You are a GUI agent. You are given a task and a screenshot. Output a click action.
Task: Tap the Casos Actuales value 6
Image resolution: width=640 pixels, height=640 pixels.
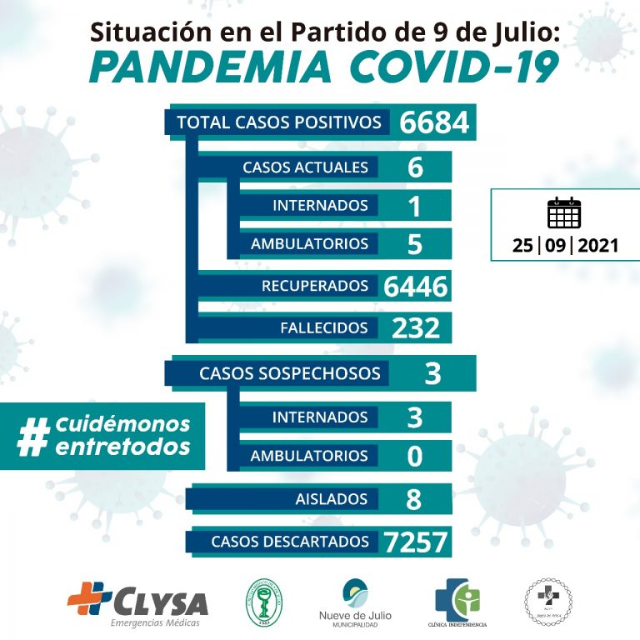[x=416, y=167]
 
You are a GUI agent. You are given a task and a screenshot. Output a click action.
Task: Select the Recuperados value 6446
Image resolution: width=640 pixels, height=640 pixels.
[x=416, y=287]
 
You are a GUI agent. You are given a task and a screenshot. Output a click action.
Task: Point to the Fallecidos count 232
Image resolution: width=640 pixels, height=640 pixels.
[x=416, y=327]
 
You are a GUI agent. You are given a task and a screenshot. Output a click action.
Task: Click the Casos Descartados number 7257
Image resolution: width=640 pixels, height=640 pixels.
[x=416, y=542]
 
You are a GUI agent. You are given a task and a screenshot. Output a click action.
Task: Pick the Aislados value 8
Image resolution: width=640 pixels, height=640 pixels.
[x=414, y=499]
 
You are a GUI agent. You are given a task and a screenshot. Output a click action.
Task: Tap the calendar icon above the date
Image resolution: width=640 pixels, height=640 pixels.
[x=563, y=213]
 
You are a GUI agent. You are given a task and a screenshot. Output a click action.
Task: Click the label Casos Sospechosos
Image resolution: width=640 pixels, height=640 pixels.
[x=289, y=373]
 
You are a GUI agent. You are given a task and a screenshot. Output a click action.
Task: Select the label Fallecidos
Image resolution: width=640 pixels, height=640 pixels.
[x=324, y=327]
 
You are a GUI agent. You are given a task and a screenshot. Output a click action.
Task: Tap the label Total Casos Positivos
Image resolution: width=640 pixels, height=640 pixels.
[x=279, y=122]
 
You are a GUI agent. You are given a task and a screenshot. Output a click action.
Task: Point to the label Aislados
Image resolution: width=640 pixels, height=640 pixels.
[x=332, y=499]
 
